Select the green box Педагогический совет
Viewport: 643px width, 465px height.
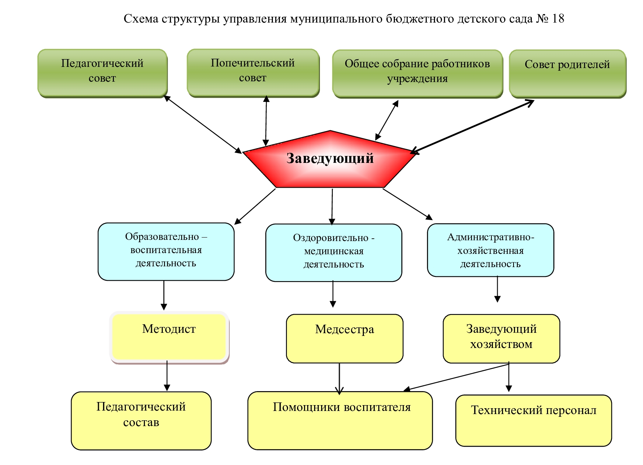point(102,73)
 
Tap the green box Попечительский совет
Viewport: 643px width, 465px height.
point(253,72)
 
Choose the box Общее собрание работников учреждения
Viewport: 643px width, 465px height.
point(417,73)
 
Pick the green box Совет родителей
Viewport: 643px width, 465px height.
point(567,73)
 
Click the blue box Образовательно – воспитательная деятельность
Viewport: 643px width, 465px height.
point(166,251)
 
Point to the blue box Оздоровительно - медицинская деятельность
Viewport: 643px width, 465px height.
point(334,252)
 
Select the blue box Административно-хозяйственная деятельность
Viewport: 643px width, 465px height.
point(490,250)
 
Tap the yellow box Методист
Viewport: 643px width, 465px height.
point(169,337)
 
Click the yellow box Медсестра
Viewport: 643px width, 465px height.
point(344,338)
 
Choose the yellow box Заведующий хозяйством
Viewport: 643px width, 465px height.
point(501,338)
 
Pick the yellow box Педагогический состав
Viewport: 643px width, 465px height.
point(141,420)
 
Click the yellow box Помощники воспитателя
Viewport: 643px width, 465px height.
point(340,420)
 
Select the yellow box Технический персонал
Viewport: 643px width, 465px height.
point(533,420)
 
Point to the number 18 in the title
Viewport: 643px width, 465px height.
point(558,19)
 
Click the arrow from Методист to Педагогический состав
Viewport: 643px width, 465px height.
point(167,375)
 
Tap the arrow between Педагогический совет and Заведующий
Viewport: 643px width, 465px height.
point(203,124)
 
